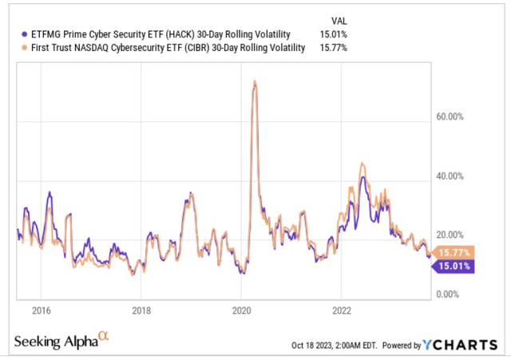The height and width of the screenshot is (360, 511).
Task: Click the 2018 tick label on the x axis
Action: point(141,311)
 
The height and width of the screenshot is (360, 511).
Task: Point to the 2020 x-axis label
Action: point(242,311)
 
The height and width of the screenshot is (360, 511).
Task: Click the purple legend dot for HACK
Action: point(22,34)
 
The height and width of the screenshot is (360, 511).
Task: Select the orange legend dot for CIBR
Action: point(22,49)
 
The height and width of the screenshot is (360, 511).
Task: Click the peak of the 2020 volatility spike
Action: point(254,81)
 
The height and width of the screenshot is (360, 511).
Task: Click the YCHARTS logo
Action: point(461,345)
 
